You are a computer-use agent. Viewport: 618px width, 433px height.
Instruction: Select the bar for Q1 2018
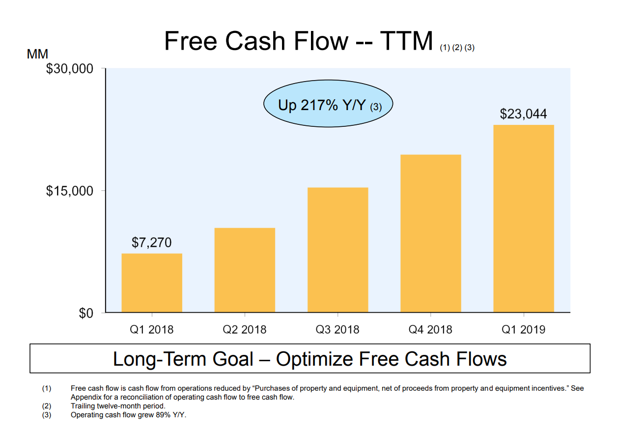[152, 283]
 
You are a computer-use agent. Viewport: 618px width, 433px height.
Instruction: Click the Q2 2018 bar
[245, 270]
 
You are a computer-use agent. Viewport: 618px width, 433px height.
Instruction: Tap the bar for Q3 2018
[337, 250]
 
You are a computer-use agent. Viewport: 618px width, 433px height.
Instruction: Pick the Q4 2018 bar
[431, 233]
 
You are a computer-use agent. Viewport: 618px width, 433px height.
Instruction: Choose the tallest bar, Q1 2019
[524, 219]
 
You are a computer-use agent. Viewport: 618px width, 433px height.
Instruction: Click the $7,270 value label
[152, 242]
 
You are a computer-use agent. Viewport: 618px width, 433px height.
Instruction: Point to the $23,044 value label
[523, 114]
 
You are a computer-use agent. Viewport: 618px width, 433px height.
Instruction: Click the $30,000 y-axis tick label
[69, 69]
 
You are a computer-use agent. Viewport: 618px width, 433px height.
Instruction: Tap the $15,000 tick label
[69, 191]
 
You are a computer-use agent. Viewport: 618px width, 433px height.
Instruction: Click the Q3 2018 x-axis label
[337, 329]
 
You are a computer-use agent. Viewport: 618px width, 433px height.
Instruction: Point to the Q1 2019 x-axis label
[523, 329]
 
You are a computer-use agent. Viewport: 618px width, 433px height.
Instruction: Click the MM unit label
[37, 55]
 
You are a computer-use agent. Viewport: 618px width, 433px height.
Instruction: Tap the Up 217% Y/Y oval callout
[328, 105]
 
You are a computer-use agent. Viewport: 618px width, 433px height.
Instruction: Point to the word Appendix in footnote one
[85, 397]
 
